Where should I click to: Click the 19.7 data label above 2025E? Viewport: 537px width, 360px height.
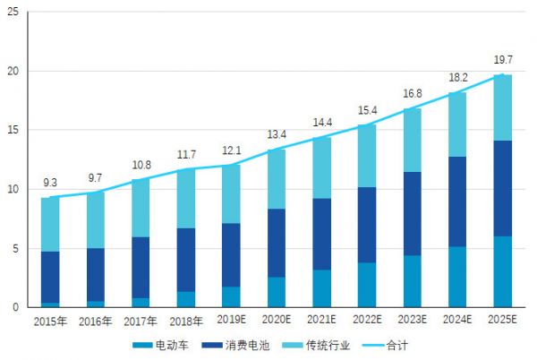[x=503, y=60]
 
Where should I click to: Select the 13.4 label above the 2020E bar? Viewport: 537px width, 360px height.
[x=277, y=135]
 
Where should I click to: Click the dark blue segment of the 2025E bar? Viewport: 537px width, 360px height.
[x=503, y=188]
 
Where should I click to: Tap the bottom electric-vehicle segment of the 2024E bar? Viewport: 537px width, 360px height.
[x=457, y=277]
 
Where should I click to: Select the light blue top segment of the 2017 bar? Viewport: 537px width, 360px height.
[x=141, y=208]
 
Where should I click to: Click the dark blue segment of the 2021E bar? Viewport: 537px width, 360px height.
[x=322, y=234]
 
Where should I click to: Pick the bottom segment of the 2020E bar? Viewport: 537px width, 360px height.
[x=277, y=292]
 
